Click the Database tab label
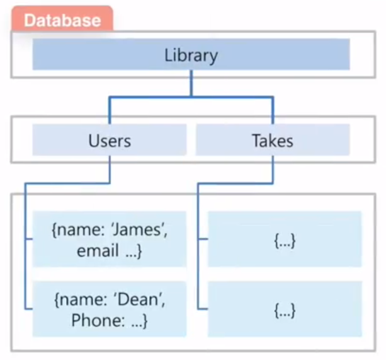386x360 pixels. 62,20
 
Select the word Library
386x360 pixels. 191,55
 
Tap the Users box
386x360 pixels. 110,140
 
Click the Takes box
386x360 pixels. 272,140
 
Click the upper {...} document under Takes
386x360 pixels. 285,241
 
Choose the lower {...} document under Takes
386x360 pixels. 285,311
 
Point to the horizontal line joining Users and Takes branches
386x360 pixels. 191,97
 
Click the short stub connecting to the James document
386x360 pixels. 29,240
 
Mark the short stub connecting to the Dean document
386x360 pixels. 29,309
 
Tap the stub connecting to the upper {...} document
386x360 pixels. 203,240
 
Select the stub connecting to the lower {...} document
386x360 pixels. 203,309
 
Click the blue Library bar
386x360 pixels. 283,55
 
